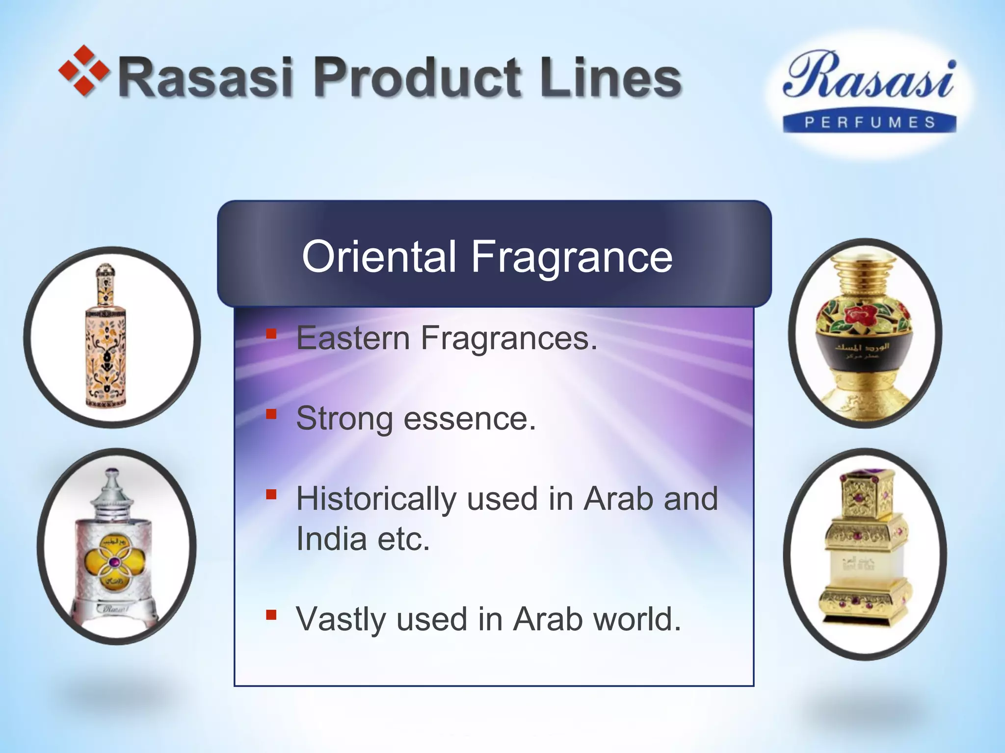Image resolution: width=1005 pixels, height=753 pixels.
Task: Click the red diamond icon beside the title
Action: click(x=83, y=71)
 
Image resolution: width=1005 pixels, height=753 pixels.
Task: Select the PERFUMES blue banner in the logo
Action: click(x=870, y=122)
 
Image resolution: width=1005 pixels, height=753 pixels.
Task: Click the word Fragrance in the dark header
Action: click(x=572, y=257)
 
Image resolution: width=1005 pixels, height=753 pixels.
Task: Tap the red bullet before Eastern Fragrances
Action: click(x=271, y=334)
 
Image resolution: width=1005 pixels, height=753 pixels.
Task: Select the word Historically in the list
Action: click(x=376, y=499)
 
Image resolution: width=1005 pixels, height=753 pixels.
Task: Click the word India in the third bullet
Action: click(x=331, y=539)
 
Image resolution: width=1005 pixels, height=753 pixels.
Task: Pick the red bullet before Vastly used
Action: click(x=271, y=615)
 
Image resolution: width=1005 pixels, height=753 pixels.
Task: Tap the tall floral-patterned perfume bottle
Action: click(x=106, y=338)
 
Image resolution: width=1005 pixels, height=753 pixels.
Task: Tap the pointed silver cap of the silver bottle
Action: click(x=112, y=490)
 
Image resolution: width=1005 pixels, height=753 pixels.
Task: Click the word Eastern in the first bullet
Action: click(x=353, y=338)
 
